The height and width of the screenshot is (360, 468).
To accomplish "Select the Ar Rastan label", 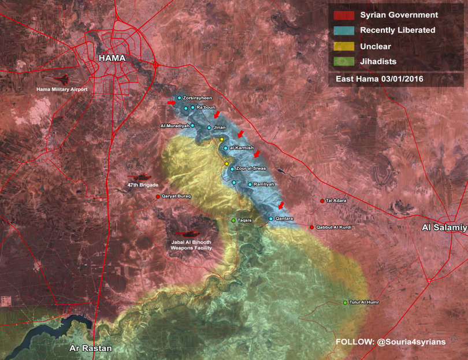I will coord(90,349).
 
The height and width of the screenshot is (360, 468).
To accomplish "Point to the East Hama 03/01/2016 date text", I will coord(380,78).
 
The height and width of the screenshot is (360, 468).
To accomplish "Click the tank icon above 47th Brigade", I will coord(139,177).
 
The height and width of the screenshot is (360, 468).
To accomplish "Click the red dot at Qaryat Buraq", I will coord(158,196).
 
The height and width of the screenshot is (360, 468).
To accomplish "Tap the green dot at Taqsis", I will coord(233,221).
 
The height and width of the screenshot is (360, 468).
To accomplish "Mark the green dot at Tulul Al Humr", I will coord(345,303).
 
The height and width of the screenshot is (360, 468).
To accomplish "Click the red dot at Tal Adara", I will coord(322,201).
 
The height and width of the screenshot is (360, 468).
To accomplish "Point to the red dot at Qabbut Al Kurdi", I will coord(312,227).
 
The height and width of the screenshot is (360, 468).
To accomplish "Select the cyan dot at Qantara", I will coord(270,219).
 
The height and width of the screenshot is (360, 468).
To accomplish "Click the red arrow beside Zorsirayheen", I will coord(171,102).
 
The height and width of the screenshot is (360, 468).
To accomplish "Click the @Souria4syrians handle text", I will coord(411,342).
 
